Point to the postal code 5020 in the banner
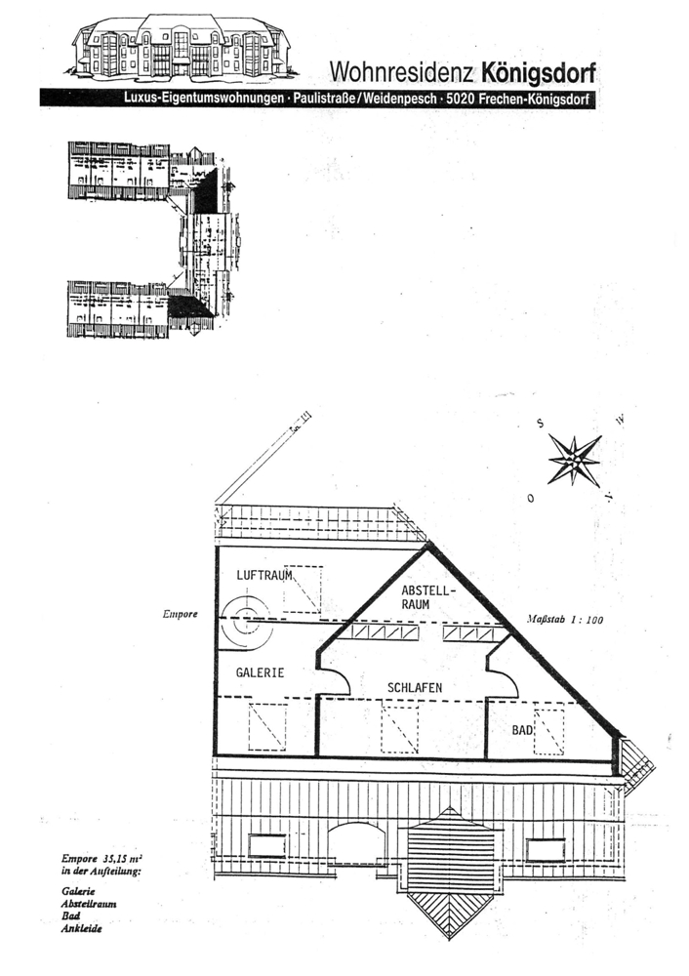coord(463,100)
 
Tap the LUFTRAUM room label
coord(265,576)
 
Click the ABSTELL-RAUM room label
coord(425,597)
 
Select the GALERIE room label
coord(260,672)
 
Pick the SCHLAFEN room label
coord(415,688)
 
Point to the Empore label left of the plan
coord(182,615)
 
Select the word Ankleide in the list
coord(82,929)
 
